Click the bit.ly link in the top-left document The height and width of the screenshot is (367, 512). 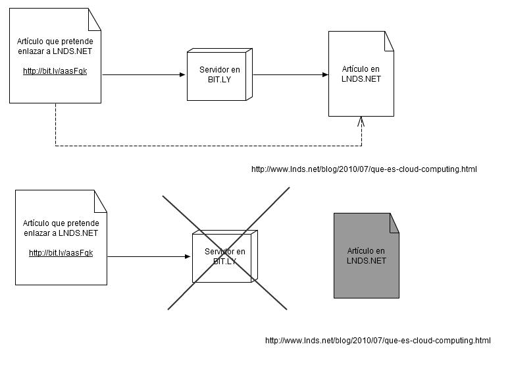pos(55,71)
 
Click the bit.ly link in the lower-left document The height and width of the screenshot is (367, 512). pos(61,252)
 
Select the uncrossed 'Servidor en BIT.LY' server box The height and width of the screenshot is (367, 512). pos(219,74)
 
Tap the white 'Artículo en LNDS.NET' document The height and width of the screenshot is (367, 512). pos(361,74)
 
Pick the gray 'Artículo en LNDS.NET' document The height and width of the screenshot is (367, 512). pos(367,256)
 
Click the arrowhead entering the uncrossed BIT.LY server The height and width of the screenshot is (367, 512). pos(182,75)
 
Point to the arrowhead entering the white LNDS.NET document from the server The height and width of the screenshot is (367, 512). pos(325,75)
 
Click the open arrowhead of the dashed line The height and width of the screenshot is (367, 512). pos(361,122)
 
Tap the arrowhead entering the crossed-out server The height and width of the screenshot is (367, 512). pos(188,256)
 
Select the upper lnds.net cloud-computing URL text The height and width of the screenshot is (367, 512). pos(364,169)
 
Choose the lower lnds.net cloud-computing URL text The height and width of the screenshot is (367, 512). pos(378,341)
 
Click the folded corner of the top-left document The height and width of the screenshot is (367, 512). pos(95,20)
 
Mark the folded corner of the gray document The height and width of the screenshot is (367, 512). pos(394,223)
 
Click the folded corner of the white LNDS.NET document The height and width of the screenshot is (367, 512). pos(389,41)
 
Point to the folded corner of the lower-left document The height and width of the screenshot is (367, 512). pos(101,202)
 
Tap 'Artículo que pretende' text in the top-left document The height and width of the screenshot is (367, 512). pos(55,42)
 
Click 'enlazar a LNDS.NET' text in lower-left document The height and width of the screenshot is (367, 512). pos(61,233)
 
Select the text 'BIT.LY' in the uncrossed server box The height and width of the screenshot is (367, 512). pos(219,80)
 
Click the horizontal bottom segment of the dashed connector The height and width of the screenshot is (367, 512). pos(209,146)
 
